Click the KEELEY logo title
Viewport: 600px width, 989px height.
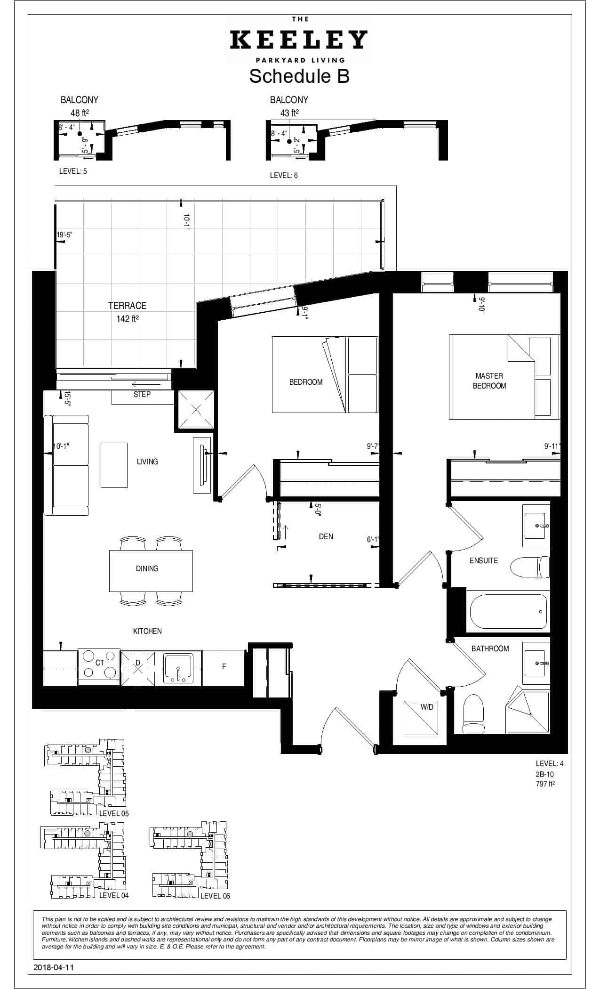click(299, 40)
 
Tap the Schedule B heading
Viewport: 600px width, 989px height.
click(299, 76)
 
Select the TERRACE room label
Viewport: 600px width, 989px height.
click(128, 305)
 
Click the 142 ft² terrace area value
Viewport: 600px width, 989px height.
click(128, 319)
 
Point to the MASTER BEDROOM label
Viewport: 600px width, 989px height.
click(489, 381)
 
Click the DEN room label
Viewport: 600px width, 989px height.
click(326, 536)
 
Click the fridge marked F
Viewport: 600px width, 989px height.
click(224, 667)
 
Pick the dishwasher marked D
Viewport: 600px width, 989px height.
click(138, 668)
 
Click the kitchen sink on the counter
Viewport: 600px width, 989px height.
click(178, 668)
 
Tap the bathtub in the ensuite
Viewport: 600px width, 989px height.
click(508, 611)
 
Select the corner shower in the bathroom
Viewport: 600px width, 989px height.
click(527, 713)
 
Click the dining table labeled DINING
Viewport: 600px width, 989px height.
click(151, 571)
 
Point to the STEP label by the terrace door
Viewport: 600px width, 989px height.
click(142, 394)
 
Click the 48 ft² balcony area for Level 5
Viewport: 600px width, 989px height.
click(80, 113)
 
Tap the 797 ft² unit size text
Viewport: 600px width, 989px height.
click(545, 784)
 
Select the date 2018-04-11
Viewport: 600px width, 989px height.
click(54, 967)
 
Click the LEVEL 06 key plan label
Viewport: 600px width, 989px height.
click(215, 895)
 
